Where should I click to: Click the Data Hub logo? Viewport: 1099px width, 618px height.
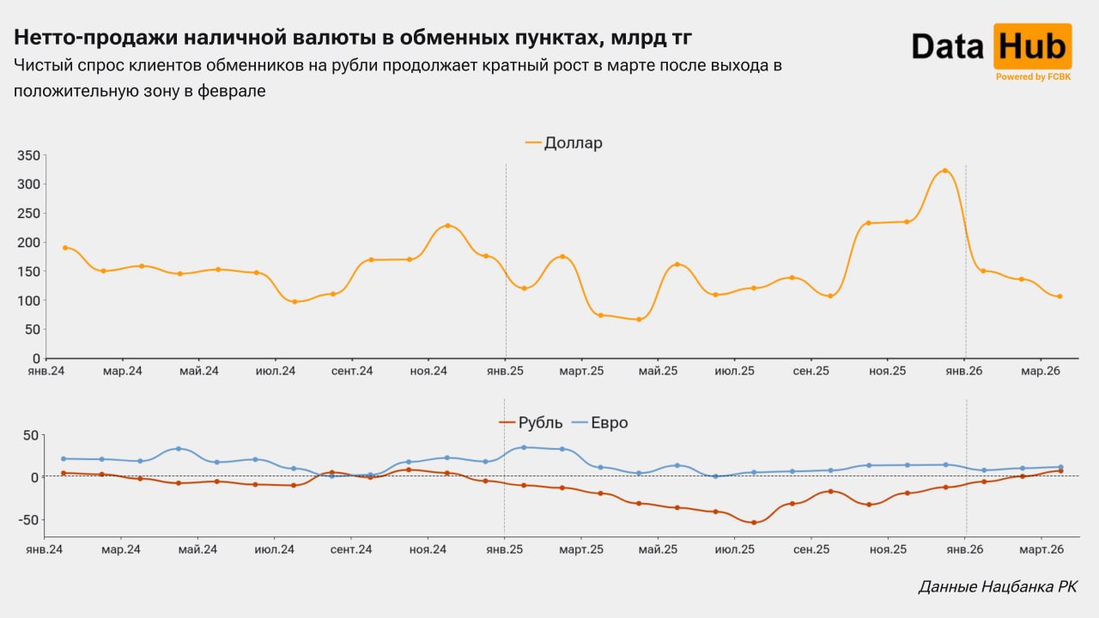click(990, 46)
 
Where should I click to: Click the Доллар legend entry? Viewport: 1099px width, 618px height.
click(573, 143)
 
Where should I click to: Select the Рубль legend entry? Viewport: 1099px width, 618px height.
click(540, 422)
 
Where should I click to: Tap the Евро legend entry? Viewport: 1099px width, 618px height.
click(608, 422)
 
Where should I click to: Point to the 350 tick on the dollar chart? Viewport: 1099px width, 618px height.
click(28, 155)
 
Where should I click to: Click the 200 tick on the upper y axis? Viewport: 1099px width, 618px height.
click(28, 242)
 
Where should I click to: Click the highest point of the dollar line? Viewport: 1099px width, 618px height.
click(944, 171)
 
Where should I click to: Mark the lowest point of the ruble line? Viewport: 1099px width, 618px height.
click(754, 523)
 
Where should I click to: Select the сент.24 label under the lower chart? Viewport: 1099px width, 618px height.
click(351, 548)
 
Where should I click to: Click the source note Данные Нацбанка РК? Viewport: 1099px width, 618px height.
click(997, 587)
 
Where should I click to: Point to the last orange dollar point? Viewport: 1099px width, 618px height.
click(1060, 296)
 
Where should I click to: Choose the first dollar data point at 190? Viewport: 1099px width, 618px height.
click(64, 247)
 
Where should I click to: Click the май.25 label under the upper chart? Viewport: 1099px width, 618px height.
click(658, 371)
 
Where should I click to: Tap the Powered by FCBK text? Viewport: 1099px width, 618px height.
click(1032, 77)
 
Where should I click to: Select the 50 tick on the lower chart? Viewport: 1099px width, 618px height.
click(30, 435)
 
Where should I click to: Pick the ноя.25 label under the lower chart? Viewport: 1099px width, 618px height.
click(888, 548)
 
